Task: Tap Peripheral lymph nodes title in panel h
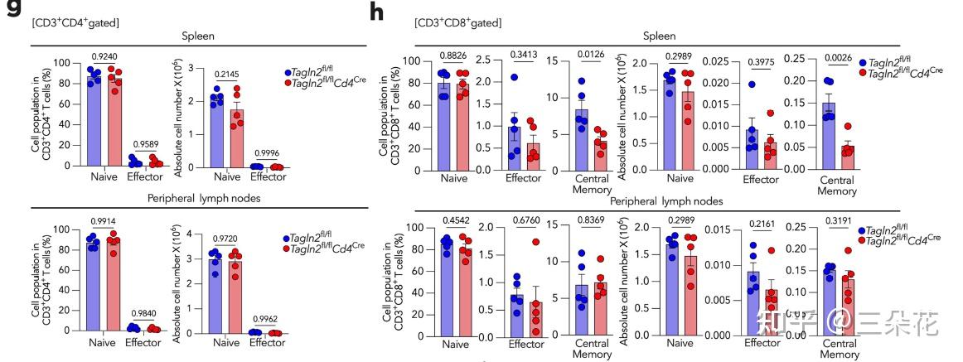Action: (666, 200)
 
